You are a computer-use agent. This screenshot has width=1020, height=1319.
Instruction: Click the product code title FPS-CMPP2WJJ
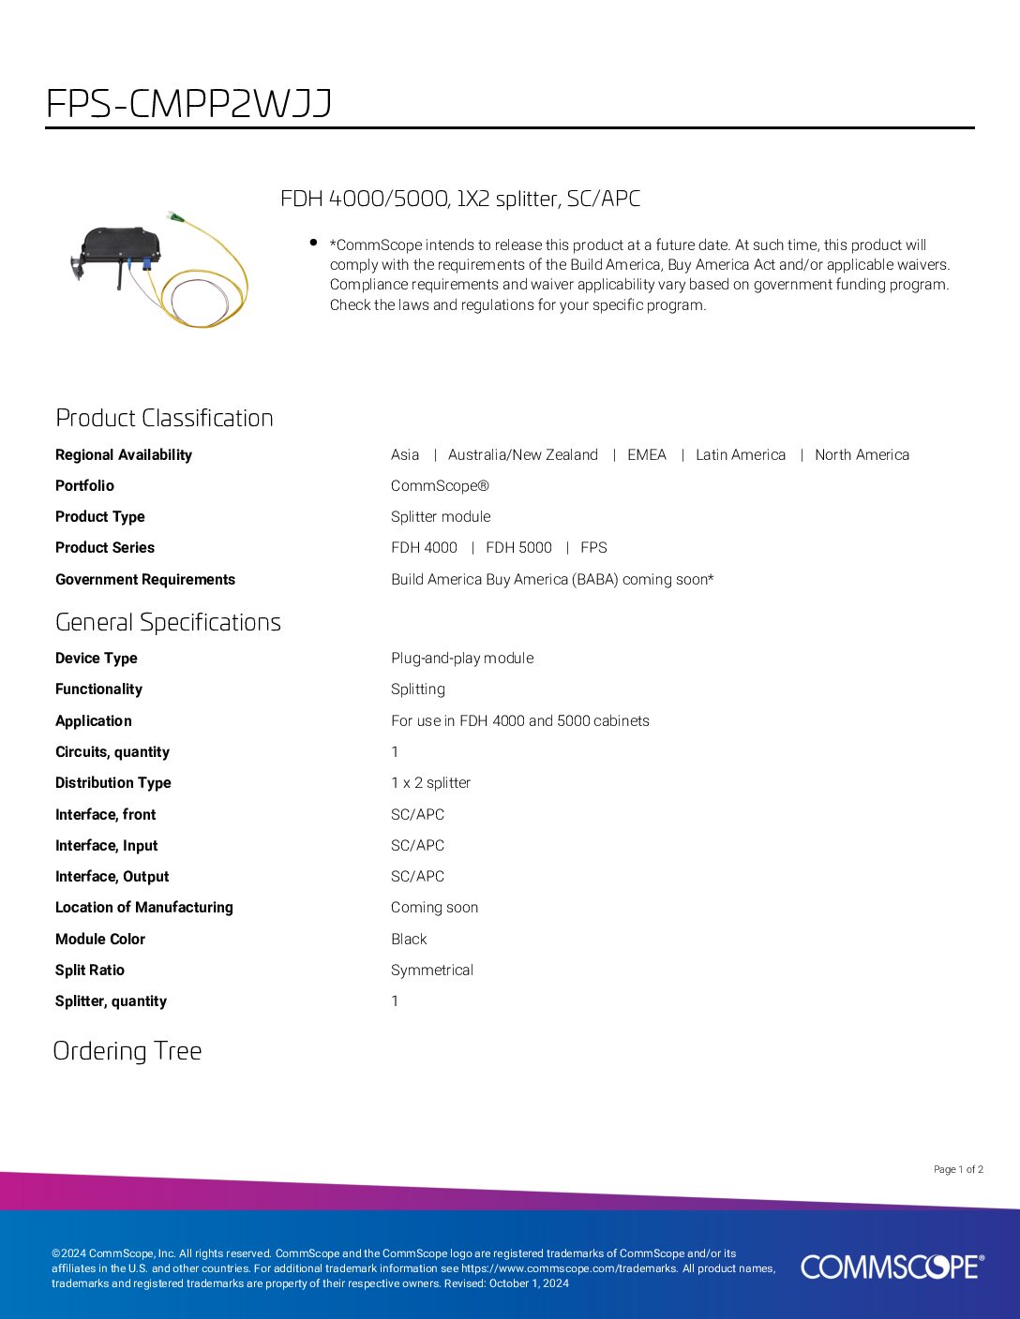[x=188, y=104]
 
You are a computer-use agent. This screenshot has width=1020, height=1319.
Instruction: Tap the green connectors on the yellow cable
[x=177, y=219]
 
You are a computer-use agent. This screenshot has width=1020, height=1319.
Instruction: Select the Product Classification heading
[x=164, y=418]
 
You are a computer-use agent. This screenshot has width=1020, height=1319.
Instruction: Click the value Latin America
[x=740, y=455]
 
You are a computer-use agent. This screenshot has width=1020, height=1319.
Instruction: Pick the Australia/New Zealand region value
[x=522, y=455]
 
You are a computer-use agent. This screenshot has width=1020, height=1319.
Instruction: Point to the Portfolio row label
[x=84, y=486]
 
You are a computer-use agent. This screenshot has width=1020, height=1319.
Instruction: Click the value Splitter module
[x=441, y=517]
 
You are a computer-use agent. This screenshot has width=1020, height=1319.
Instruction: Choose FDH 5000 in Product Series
[x=518, y=548]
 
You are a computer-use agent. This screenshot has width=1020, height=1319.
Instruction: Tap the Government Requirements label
[x=145, y=580]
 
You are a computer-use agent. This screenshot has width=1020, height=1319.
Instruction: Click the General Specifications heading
[x=168, y=622]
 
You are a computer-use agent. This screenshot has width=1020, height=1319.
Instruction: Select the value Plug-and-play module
[x=462, y=659]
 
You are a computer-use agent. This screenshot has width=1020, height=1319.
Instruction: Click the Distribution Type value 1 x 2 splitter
[x=430, y=783]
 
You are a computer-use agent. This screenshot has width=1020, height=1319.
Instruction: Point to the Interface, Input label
[x=106, y=846]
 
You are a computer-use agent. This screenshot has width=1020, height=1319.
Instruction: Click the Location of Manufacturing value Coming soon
[x=434, y=908]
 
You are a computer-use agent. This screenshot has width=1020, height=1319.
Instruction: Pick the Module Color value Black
[x=409, y=940]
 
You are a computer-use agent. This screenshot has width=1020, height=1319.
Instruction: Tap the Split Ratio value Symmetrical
[x=432, y=971]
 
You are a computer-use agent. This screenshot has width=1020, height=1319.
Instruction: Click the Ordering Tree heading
[x=127, y=1051]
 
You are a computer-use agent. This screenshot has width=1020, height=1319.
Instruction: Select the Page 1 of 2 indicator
[x=958, y=1169]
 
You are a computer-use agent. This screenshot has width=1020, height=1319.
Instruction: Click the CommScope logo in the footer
[x=892, y=1267]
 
